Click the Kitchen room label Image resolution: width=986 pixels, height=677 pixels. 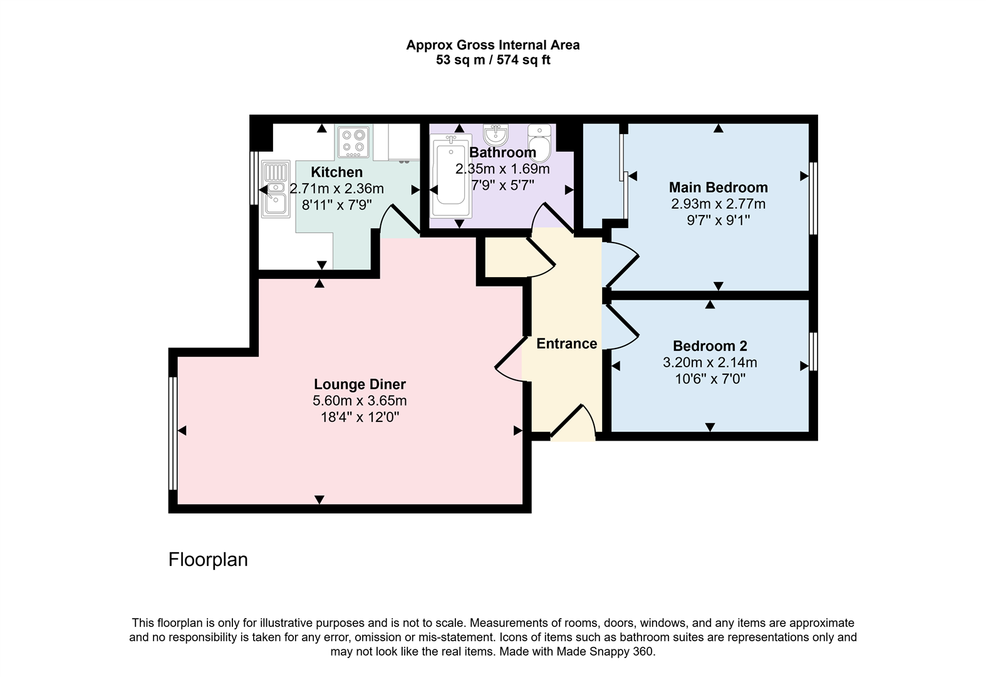(336, 172)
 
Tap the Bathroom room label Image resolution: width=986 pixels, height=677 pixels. (502, 152)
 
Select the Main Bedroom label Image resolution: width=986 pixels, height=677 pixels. (718, 187)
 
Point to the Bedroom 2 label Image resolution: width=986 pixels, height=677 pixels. (710, 346)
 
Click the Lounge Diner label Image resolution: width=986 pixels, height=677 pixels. (360, 384)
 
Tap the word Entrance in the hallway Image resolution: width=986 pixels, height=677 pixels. (566, 344)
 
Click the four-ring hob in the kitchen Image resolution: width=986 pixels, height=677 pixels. (354, 142)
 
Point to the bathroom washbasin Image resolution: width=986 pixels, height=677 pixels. (496, 134)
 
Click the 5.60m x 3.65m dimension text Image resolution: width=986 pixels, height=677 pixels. (360, 401)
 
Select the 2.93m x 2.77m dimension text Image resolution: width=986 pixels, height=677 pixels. (718, 204)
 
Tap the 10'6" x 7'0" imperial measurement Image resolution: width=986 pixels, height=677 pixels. (710, 379)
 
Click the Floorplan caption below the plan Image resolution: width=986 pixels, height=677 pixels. (208, 559)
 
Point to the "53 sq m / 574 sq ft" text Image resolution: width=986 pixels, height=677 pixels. (493, 61)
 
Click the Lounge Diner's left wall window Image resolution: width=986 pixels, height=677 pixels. (173, 433)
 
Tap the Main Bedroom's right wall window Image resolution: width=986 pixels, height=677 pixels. (813, 198)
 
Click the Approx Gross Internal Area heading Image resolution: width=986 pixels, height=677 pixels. (493, 45)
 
